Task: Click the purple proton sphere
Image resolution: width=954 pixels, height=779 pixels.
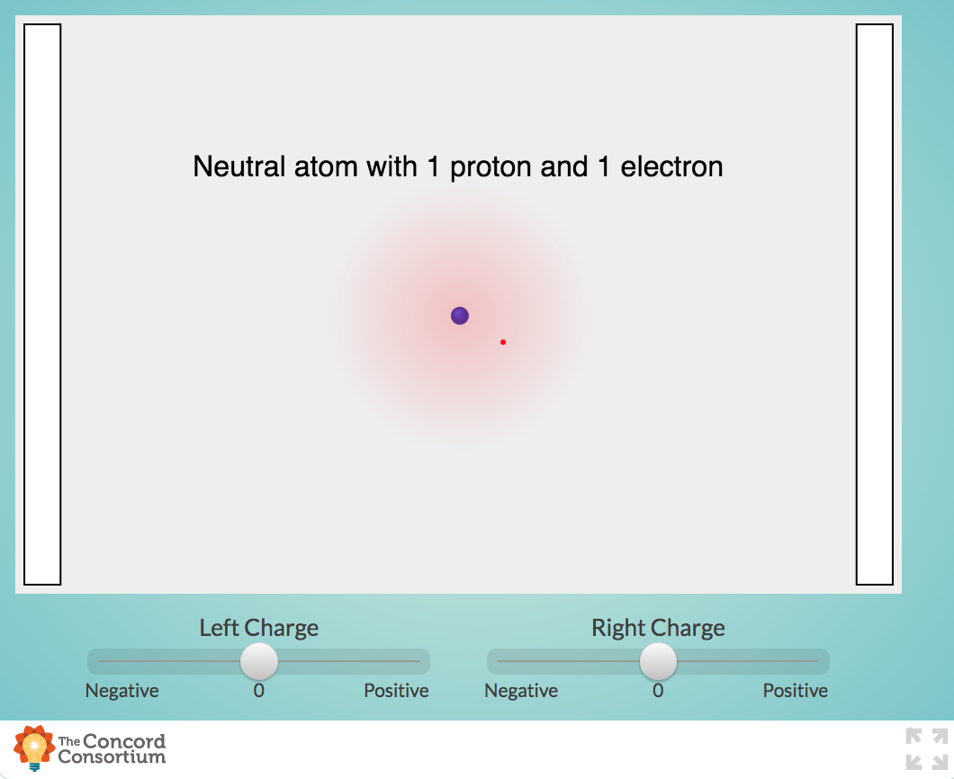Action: (x=460, y=316)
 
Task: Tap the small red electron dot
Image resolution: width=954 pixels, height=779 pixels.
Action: (x=503, y=342)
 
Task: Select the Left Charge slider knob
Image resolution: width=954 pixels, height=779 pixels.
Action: (x=259, y=661)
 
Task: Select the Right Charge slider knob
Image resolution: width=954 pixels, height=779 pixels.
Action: (x=658, y=661)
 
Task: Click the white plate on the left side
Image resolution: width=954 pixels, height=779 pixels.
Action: (x=42, y=304)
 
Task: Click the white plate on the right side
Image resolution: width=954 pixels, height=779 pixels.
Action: (x=874, y=304)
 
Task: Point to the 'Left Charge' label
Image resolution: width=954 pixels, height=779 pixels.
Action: (x=258, y=628)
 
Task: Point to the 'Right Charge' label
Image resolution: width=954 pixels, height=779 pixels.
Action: (x=658, y=628)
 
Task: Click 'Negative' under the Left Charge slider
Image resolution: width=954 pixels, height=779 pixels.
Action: (x=121, y=691)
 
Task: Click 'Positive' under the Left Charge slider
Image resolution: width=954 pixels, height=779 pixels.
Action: (x=396, y=691)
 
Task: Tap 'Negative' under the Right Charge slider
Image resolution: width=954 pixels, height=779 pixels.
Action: (x=521, y=691)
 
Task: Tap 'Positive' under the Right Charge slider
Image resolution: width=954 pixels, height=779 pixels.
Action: (x=796, y=691)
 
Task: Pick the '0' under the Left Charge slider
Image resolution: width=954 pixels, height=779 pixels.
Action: (x=259, y=691)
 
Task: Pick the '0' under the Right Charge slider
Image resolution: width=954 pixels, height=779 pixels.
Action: (x=658, y=691)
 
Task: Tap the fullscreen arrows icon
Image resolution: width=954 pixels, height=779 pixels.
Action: (x=926, y=748)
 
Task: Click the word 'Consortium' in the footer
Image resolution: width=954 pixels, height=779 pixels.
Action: (x=112, y=757)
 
